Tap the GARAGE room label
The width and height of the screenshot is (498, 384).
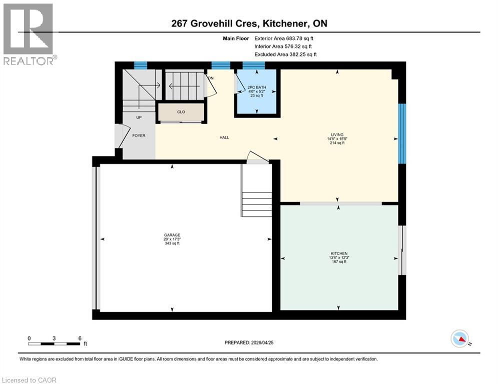[172, 235]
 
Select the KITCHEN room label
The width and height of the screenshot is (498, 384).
[339, 253]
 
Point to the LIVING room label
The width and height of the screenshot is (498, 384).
[336, 134]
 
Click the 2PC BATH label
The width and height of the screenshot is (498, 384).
[256, 87]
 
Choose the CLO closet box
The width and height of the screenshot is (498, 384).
[181, 112]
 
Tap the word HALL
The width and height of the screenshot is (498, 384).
[224, 137]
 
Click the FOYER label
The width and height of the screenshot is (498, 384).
[139, 135]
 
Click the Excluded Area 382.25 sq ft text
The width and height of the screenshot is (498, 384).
[285, 54]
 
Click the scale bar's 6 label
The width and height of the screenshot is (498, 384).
[80, 338]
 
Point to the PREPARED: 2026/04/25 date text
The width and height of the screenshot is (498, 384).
[249, 342]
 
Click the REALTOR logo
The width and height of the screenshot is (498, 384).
[29, 34]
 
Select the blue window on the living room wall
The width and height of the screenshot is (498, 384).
[402, 133]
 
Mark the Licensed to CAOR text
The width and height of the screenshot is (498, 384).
[29, 380]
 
